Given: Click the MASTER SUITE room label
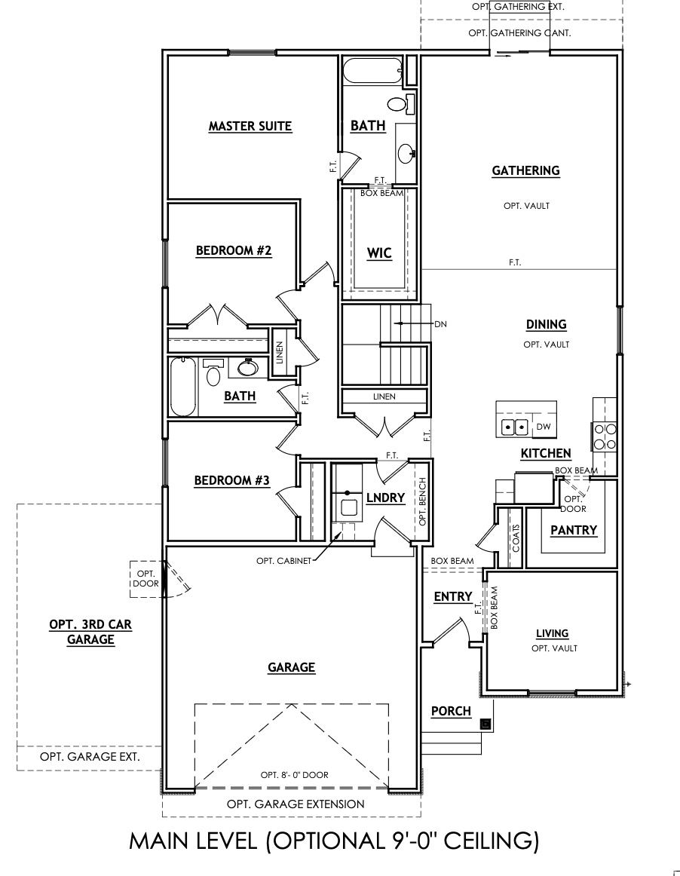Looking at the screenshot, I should [250, 126].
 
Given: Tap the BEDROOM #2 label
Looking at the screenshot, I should [233, 250].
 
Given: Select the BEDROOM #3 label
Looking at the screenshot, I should [231, 480].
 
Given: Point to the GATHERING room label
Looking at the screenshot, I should [525, 170].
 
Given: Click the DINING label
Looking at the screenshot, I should [546, 325].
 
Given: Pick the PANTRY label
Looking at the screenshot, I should [573, 531].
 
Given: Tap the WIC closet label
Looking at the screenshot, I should [379, 253].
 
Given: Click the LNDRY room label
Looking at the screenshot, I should [385, 498].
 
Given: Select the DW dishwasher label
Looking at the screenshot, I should [544, 427].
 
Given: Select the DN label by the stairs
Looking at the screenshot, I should [441, 323].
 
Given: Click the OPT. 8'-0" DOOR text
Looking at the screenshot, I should [294, 775].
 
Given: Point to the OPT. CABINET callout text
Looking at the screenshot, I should [283, 560].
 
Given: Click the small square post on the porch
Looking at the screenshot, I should [485, 724].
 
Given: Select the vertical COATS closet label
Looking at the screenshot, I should [516, 539].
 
